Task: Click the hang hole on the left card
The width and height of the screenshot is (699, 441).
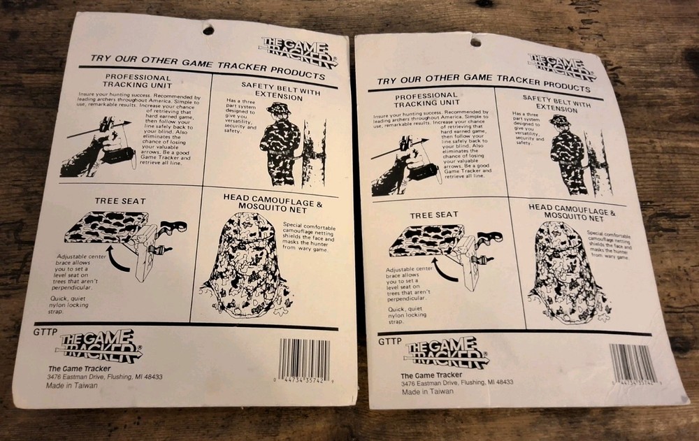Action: tap(208, 29)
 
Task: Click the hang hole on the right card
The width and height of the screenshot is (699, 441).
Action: tap(475, 41)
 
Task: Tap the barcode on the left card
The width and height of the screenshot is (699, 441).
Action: tap(303, 361)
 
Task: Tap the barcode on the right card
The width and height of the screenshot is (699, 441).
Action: tap(633, 365)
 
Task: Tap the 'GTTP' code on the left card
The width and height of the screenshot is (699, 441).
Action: tap(44, 333)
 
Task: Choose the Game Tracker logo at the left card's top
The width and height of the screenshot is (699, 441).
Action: tap(298, 52)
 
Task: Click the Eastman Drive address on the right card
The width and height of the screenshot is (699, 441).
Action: tap(456, 382)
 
